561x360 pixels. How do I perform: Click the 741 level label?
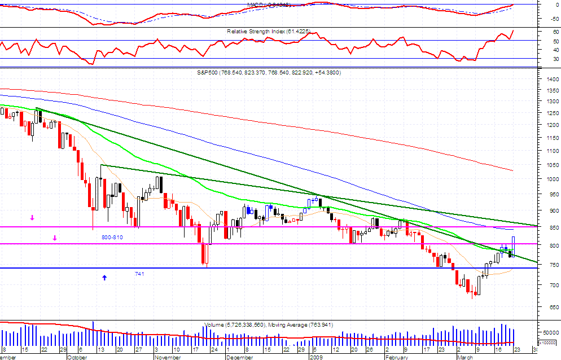tap(139, 274)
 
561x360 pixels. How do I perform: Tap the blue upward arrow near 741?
tap(104, 277)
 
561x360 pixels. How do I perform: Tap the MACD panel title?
tap(268, 5)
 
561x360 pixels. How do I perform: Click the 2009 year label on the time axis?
tap(315, 357)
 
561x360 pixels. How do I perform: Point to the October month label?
tap(77, 357)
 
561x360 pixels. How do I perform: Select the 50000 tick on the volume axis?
tap(550, 332)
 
